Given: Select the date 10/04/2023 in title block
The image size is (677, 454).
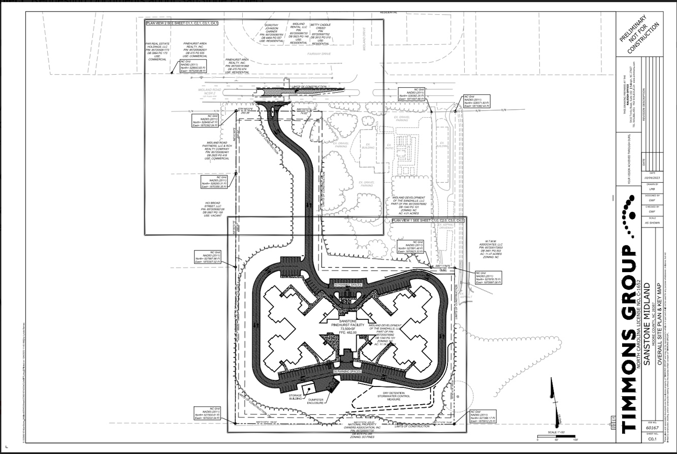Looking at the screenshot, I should click(652, 178).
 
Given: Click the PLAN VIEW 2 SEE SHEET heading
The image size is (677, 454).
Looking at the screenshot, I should click(182, 23).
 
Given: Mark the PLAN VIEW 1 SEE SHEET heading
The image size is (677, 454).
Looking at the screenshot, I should click(428, 221).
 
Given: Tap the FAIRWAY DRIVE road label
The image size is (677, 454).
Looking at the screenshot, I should click(318, 53).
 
